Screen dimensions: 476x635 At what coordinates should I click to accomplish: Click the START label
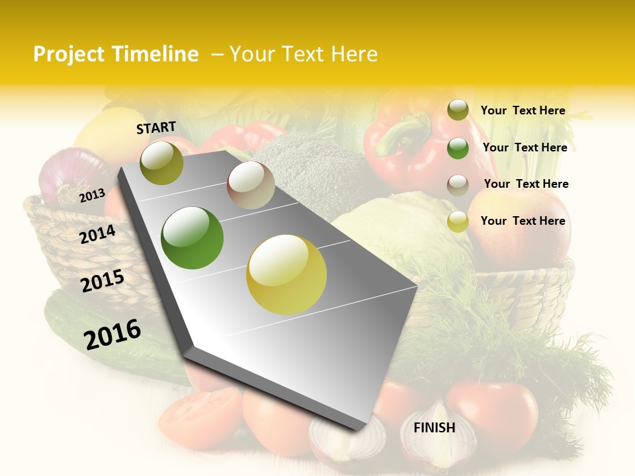pos(156,128)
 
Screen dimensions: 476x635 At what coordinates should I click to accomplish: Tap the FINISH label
pos(434,428)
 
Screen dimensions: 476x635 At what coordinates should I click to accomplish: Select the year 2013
pos(93,195)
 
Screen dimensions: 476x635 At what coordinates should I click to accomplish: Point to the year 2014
pos(98,234)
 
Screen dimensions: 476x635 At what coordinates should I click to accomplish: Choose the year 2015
pos(103,281)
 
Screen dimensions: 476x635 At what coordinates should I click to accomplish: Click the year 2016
pos(112,335)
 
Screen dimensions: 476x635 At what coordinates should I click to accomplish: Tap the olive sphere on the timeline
pos(161,163)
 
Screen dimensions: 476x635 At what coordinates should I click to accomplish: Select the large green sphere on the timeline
pos(192,238)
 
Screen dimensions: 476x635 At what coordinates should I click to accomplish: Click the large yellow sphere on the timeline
pos(286,274)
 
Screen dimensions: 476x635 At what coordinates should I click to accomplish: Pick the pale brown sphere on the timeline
pos(251,185)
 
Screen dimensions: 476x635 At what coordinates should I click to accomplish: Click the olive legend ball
pos(458,110)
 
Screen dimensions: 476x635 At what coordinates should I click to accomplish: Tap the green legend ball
pos(458,148)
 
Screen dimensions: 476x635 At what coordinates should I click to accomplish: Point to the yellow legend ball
pos(458,221)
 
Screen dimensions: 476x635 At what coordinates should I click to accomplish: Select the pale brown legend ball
pos(458,184)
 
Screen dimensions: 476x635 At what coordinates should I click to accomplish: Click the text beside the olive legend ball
pos(523,111)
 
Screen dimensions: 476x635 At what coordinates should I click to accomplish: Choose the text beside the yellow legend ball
pos(523,221)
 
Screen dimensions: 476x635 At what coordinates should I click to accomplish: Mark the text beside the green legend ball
pos(525,148)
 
